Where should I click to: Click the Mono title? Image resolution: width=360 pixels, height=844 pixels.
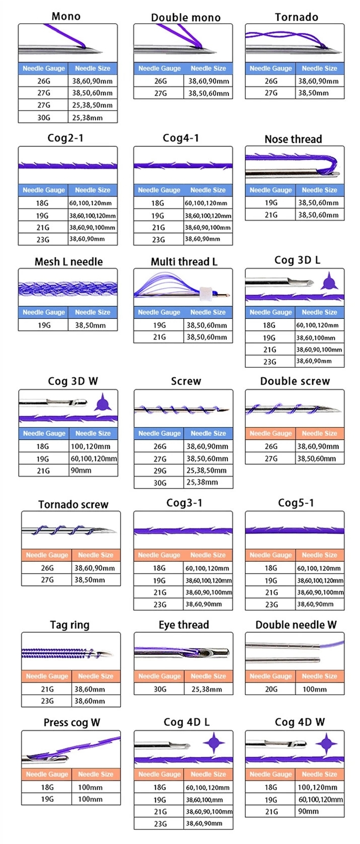[x=66, y=16]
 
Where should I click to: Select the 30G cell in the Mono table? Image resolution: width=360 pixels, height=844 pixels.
[x=44, y=117]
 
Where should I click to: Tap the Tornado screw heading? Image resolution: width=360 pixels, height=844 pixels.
[x=73, y=504]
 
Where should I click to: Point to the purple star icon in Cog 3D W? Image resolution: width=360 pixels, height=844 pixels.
[x=103, y=402]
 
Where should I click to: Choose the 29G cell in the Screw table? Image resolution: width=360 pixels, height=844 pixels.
[x=159, y=470]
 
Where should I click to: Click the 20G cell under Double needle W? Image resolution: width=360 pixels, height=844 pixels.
[x=271, y=689]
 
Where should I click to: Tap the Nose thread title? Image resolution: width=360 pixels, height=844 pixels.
[x=293, y=139]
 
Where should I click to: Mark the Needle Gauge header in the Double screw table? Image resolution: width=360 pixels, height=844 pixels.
[x=271, y=433]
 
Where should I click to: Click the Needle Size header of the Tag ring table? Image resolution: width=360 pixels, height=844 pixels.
[x=96, y=676]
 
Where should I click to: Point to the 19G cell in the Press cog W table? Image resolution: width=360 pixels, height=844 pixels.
[x=47, y=799]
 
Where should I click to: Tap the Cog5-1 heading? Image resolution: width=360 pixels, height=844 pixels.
[x=296, y=503]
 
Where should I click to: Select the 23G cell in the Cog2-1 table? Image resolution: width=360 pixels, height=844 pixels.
[x=43, y=239]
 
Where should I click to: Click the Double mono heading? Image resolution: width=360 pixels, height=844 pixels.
[x=186, y=18]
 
